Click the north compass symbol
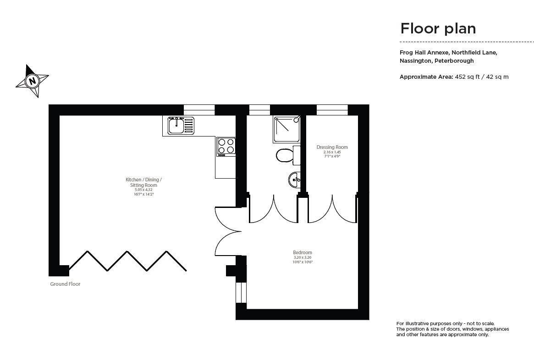pos(32,81)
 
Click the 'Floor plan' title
pos(438,28)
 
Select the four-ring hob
pos(226,146)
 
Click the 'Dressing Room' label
pos(332,147)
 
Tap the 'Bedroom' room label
pos(303,252)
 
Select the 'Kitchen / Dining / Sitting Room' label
pos(143,182)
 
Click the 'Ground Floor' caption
pos(65,284)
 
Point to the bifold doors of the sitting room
pos(127,261)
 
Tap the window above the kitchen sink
pos(199,110)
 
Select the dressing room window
pos(332,110)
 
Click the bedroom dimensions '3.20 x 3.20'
pos(303,257)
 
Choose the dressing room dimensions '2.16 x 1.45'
pos(332,152)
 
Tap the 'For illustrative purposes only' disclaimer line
pos(445,323)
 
